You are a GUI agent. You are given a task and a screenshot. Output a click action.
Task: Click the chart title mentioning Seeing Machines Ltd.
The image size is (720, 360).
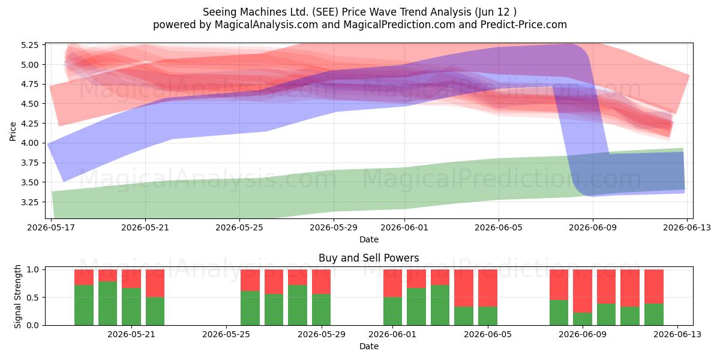click(x=359, y=12)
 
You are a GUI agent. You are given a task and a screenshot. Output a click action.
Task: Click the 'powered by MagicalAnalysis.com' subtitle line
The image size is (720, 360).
click(x=359, y=25)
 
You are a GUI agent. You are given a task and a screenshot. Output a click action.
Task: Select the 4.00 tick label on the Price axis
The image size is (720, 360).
click(x=29, y=143)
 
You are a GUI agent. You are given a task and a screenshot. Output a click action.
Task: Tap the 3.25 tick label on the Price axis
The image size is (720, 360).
click(x=29, y=202)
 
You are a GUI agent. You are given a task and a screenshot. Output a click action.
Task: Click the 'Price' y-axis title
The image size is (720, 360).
click(x=13, y=131)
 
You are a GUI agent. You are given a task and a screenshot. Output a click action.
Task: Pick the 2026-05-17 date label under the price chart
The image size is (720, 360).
click(x=51, y=227)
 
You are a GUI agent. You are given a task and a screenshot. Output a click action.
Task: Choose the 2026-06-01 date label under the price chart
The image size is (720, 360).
click(x=404, y=227)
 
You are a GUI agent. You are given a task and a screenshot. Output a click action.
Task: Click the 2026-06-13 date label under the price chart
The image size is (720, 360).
click(x=687, y=227)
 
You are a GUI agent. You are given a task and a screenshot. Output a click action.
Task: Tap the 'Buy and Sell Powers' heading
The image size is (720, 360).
click(x=368, y=258)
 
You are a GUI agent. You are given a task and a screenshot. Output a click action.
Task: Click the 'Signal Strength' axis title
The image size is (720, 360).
click(x=17, y=296)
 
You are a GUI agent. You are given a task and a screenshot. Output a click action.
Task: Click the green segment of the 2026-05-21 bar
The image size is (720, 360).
click(x=131, y=307)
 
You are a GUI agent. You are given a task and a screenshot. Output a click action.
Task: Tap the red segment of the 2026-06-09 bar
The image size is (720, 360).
click(x=583, y=291)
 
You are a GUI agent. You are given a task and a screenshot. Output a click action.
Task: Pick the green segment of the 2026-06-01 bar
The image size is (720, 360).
click(x=393, y=311)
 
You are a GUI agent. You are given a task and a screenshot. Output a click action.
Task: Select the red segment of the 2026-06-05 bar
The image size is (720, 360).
click(x=488, y=288)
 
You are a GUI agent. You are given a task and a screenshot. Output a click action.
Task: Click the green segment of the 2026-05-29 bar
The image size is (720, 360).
click(x=322, y=310)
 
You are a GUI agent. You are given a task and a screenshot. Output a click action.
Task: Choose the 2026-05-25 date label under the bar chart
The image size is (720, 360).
click(x=226, y=334)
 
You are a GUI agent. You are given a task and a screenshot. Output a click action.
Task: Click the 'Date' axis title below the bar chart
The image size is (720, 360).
click(x=369, y=346)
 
